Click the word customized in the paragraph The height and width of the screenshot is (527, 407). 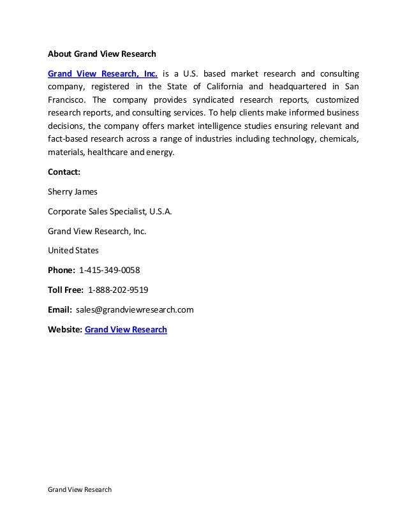click(x=334, y=100)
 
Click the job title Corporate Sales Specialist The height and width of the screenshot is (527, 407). click(x=100, y=211)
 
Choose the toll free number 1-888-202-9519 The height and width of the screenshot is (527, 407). click(x=118, y=290)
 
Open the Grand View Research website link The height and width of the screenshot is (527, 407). click(x=126, y=330)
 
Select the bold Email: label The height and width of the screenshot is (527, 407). click(x=61, y=310)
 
